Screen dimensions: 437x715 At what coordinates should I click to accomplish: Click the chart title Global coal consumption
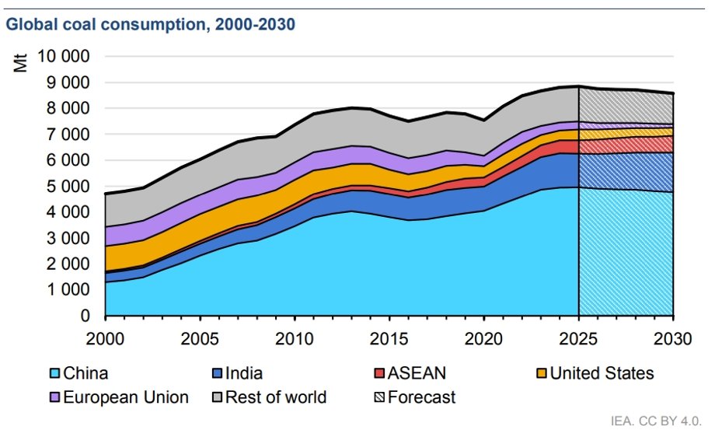150,24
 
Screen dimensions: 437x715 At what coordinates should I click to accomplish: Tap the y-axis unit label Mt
22,62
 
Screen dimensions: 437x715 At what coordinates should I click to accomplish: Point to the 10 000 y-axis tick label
58,57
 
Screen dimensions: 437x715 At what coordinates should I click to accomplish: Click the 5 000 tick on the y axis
65,187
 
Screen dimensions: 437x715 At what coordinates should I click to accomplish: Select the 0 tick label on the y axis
85,316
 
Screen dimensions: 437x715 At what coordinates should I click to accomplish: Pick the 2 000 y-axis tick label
65,264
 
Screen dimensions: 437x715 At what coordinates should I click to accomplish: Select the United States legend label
602,373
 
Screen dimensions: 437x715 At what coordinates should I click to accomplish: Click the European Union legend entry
126,397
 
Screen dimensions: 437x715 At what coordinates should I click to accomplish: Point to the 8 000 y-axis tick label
65,109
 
